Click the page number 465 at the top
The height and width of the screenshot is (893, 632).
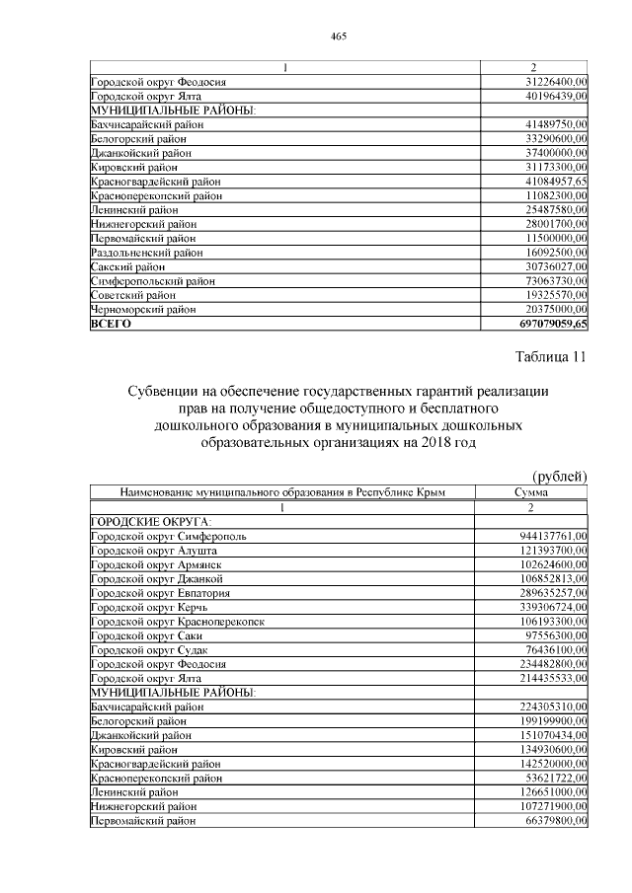point(338,37)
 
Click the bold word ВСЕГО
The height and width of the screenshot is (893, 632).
point(111,324)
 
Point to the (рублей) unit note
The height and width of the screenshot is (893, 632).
point(560,478)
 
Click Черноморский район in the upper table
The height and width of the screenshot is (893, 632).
point(142,310)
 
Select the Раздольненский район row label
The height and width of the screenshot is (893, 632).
point(144,253)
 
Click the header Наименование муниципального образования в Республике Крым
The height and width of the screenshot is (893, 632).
point(282,491)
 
